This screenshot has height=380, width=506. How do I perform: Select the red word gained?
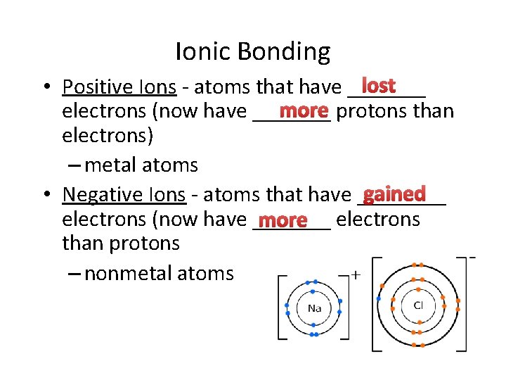[x=394, y=194]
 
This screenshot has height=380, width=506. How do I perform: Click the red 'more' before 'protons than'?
[x=304, y=111]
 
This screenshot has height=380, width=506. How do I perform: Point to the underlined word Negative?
[x=94, y=195]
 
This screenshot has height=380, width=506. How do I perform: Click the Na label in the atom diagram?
[x=314, y=308]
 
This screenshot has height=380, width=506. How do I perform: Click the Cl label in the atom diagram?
[x=418, y=305]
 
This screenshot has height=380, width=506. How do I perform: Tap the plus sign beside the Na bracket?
[x=356, y=274]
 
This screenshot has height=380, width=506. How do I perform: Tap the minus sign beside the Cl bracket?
[x=472, y=257]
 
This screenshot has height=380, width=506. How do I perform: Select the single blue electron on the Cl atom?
[x=379, y=299]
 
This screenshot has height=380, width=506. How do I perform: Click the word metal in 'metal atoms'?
[x=113, y=166]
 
